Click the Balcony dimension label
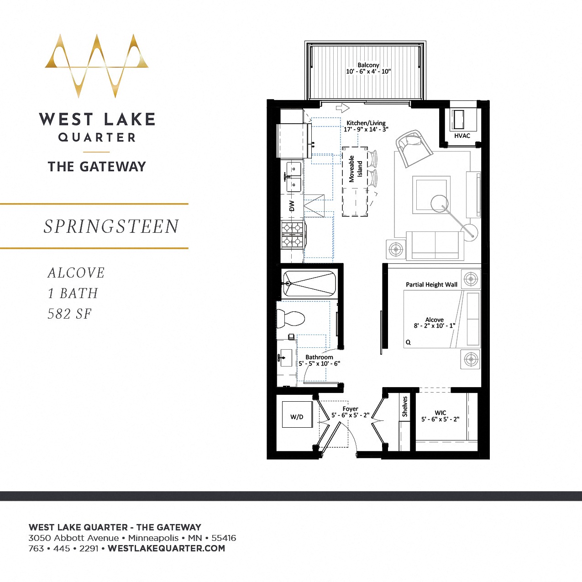368,68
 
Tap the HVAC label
461,136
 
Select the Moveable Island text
355,169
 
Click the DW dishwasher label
292,206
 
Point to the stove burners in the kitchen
292,234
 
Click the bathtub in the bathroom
309,284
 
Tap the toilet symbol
290,318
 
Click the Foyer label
350,412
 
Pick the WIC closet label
440,416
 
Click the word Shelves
404,406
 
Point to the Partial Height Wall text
431,284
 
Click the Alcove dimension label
434,323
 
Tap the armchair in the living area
414,148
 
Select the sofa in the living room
435,245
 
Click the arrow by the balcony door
342,108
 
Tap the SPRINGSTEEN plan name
111,226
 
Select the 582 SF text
70,314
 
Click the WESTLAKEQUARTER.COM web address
166,548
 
